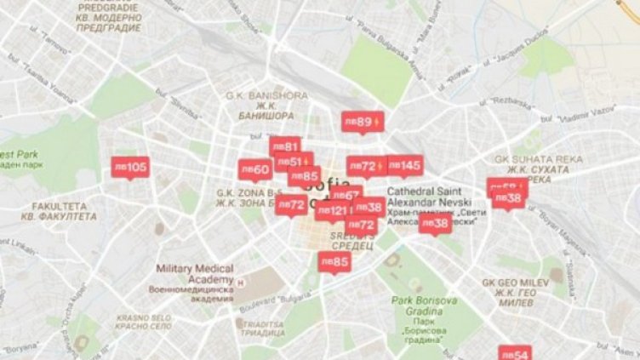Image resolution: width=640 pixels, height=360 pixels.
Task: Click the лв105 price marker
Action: [130, 167]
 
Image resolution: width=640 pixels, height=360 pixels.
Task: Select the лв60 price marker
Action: [254, 169]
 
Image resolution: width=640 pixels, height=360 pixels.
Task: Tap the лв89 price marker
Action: [362, 122]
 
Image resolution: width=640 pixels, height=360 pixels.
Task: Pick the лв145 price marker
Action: [404, 165]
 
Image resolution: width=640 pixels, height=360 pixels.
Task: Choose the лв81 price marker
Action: [285, 146]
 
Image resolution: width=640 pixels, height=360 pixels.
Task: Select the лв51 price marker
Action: [292, 161]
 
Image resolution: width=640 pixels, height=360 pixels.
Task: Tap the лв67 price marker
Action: [347, 195]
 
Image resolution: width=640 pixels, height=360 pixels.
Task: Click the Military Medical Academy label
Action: [194, 274]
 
